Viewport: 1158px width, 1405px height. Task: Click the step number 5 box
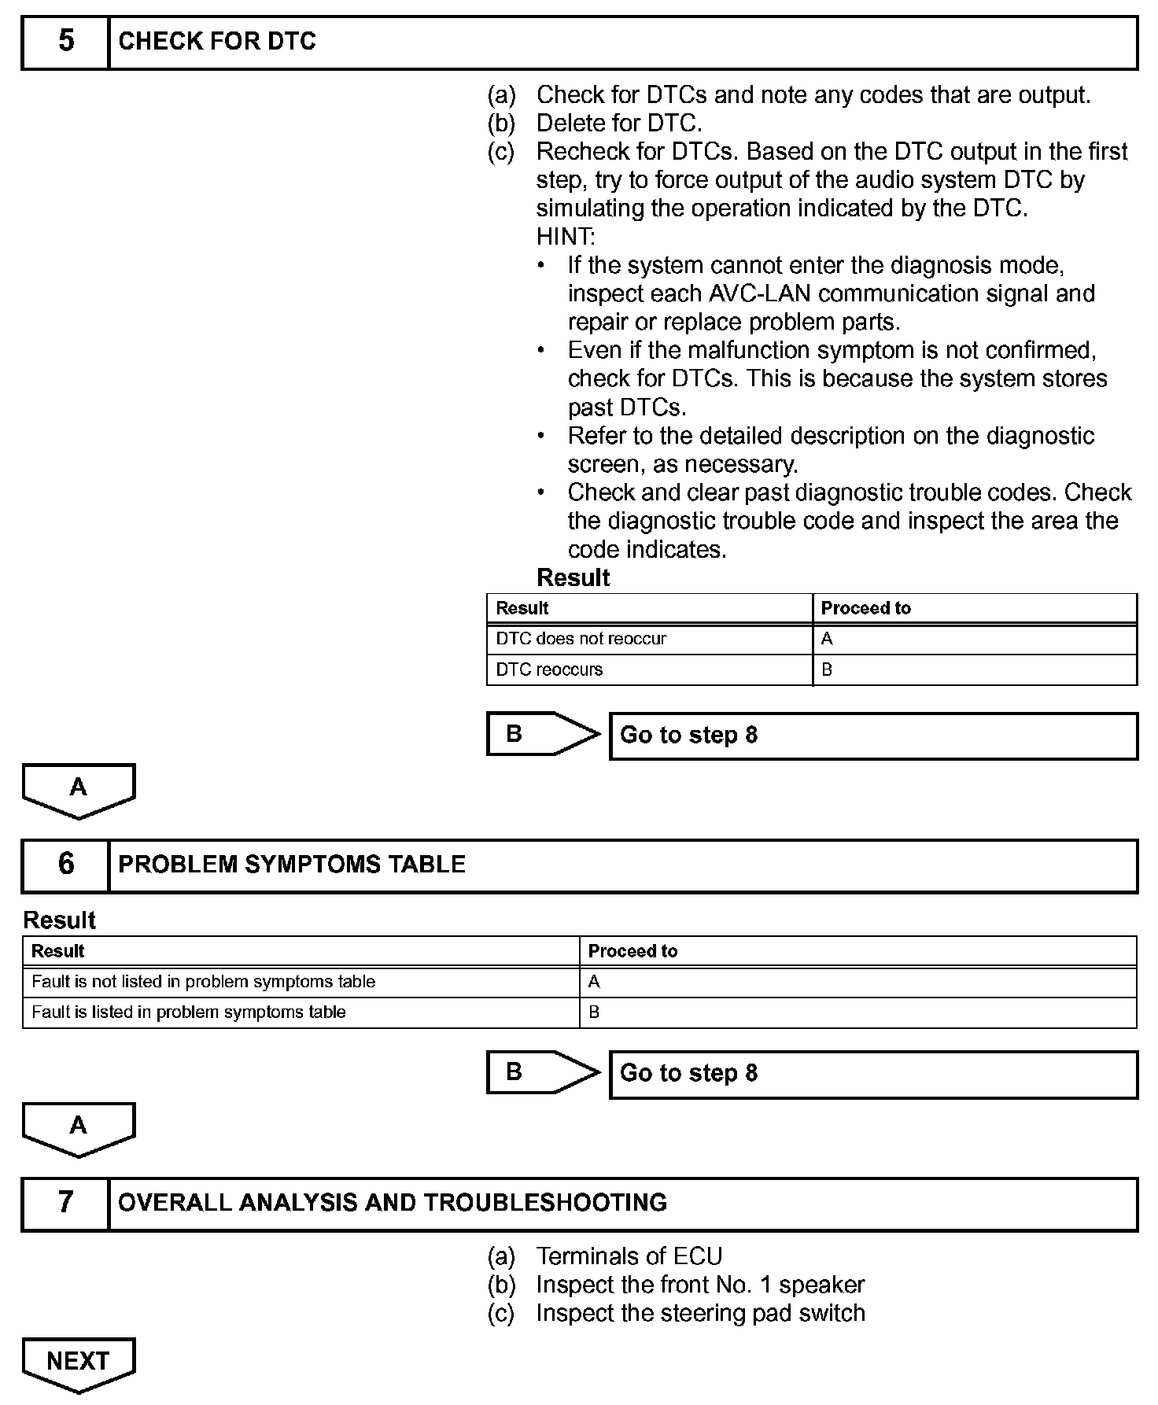(66, 42)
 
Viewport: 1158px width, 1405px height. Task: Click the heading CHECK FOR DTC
(217, 42)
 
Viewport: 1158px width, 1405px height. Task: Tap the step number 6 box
(66, 865)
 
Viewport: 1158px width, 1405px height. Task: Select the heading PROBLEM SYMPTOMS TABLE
(292, 865)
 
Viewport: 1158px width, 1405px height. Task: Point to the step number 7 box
(66, 1203)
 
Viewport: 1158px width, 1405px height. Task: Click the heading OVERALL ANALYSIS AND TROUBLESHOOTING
(393, 1203)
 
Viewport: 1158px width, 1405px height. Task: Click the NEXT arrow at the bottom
(78, 1362)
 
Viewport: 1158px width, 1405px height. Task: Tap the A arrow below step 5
(78, 788)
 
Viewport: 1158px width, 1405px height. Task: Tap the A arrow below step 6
(78, 1127)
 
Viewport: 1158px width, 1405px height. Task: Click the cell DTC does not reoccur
(581, 639)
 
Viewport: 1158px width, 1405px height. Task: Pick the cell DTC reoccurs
(549, 669)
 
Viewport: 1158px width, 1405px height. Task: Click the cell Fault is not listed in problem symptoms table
(203, 982)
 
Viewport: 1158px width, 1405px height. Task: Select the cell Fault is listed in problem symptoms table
(189, 1012)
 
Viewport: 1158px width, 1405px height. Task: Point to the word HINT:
(566, 236)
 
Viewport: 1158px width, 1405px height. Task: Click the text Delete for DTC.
(619, 124)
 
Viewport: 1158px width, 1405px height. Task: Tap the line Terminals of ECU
(629, 1256)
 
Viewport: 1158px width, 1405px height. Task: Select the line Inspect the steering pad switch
(700, 1313)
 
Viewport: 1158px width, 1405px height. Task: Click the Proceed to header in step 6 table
(632, 951)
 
